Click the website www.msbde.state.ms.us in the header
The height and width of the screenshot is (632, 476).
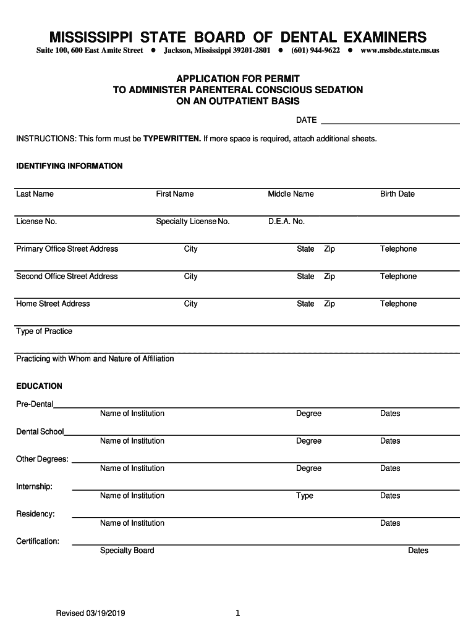pos(399,51)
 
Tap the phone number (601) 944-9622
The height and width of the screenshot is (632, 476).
pos(315,51)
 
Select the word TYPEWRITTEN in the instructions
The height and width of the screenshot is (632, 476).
pos(172,139)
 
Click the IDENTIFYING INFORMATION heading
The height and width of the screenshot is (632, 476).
pos(69,166)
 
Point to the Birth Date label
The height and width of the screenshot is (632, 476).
pos(397,194)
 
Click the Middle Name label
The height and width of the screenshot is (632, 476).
pos(291,194)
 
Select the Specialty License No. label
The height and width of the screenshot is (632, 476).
pos(192,222)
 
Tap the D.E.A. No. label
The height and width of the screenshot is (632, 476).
pos(286,222)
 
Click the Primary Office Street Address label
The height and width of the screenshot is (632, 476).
pos(67,249)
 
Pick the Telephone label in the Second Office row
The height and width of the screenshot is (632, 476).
pos(398,276)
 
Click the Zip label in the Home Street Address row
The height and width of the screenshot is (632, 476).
pos(329,304)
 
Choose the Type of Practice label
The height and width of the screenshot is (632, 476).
pos(44,331)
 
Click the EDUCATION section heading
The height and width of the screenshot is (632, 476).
pos(39,386)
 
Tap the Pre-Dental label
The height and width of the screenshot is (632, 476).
pos(35,404)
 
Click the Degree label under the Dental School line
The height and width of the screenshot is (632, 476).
pos(308,441)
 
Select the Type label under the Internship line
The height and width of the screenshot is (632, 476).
pos(304,496)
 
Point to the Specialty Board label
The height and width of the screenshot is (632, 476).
pos(127,551)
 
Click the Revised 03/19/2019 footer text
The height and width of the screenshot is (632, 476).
pos(90,613)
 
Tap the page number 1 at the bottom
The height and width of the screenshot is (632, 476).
pos(237,613)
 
